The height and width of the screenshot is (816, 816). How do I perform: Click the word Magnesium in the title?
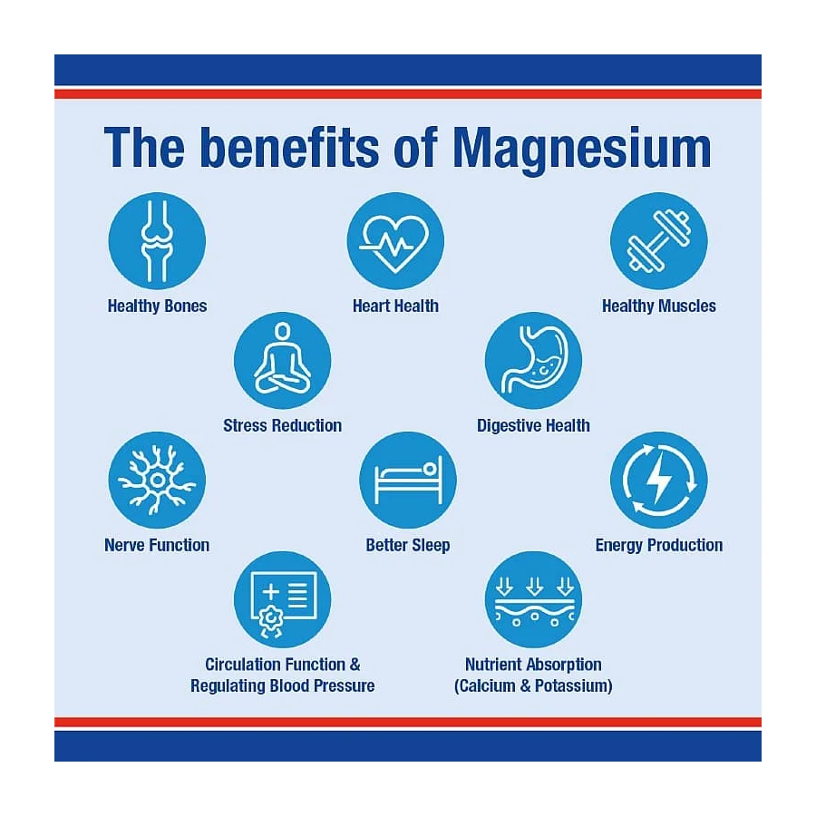point(582,151)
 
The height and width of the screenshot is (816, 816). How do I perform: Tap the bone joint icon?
point(157,241)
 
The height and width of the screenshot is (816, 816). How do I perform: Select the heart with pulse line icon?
point(395,244)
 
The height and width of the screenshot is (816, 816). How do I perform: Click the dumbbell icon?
point(659,241)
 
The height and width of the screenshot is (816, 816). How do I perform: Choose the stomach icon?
point(534,360)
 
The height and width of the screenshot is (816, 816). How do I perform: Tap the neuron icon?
point(157,480)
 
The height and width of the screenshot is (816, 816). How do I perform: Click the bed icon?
point(409,480)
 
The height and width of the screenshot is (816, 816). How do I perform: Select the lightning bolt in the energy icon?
point(659,477)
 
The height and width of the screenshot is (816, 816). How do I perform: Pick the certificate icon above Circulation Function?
point(283,604)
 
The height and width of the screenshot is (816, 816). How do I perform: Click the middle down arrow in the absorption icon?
point(534,586)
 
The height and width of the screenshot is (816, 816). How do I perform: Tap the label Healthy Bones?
point(157,306)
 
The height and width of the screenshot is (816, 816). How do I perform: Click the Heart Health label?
point(395,306)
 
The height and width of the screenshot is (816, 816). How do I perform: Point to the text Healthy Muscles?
point(659,306)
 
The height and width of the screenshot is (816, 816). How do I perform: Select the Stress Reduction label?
point(283,426)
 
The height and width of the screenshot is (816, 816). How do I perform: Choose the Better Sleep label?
point(408,546)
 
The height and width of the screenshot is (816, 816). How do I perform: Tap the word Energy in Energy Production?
point(618,546)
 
